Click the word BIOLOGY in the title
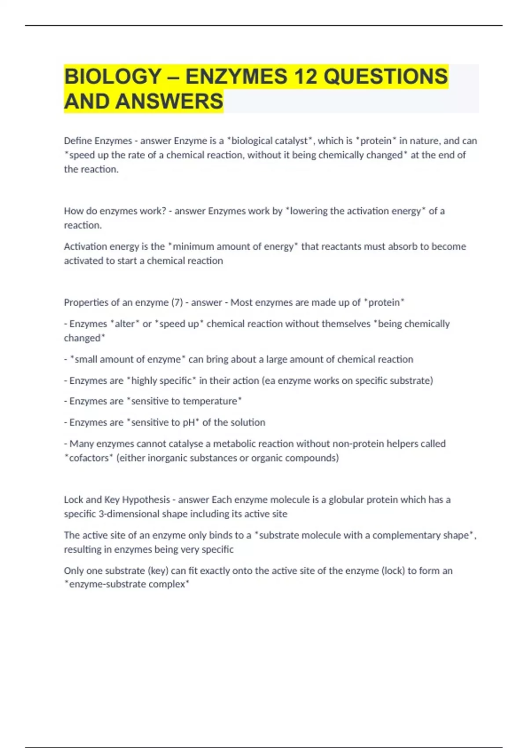click(x=113, y=77)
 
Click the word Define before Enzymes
click(x=78, y=141)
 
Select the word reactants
click(x=342, y=246)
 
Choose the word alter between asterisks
click(x=125, y=324)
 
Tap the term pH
click(x=189, y=422)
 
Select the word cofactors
click(x=89, y=458)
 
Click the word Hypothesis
click(x=146, y=500)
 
